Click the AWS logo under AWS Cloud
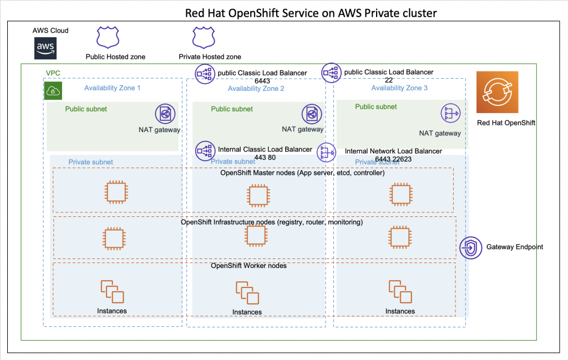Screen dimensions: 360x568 click(45, 48)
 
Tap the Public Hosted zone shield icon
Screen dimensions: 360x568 click(108, 38)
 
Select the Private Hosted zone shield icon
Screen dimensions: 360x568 click(203, 38)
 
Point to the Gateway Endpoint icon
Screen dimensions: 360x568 click(470, 247)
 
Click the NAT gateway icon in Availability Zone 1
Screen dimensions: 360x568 click(165, 114)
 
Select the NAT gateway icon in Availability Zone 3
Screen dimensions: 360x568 click(450, 114)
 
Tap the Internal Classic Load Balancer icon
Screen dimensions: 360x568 click(205, 150)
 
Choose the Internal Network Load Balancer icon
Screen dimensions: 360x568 click(326, 152)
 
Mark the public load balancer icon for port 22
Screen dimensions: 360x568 click(331, 73)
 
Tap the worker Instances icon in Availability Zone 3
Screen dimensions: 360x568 click(399, 292)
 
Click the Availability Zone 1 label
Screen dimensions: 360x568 click(113, 88)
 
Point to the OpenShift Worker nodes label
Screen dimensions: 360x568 click(248, 266)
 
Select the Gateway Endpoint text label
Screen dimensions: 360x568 click(514, 246)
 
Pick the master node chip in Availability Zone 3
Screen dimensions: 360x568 click(399, 194)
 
